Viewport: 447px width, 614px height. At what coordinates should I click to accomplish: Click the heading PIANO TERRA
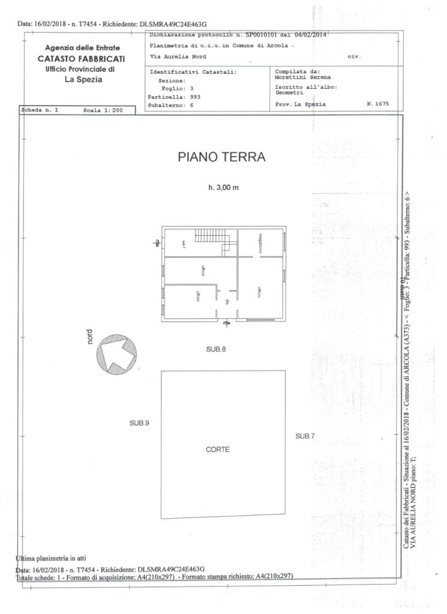pyautogui.click(x=222, y=157)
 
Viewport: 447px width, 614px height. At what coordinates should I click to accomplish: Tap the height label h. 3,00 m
pyautogui.click(x=223, y=188)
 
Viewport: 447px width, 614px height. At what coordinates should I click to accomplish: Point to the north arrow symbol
pyautogui.click(x=118, y=353)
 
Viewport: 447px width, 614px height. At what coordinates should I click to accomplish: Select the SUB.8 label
pyautogui.click(x=215, y=348)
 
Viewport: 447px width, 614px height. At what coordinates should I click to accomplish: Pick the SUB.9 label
pyautogui.click(x=139, y=423)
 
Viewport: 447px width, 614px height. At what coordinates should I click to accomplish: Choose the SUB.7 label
pyautogui.click(x=305, y=436)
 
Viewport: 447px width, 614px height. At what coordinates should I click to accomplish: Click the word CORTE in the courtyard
pyautogui.click(x=218, y=449)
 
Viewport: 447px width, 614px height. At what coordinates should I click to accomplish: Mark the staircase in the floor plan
pyautogui.click(x=214, y=241)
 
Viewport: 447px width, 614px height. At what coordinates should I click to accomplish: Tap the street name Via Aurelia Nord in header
pyautogui.click(x=178, y=57)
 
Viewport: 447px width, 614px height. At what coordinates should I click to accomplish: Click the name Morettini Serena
pyautogui.click(x=298, y=77)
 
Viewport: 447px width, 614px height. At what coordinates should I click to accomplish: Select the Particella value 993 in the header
pyautogui.click(x=194, y=97)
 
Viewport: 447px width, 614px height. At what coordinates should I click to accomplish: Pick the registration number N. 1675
pyautogui.click(x=377, y=104)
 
